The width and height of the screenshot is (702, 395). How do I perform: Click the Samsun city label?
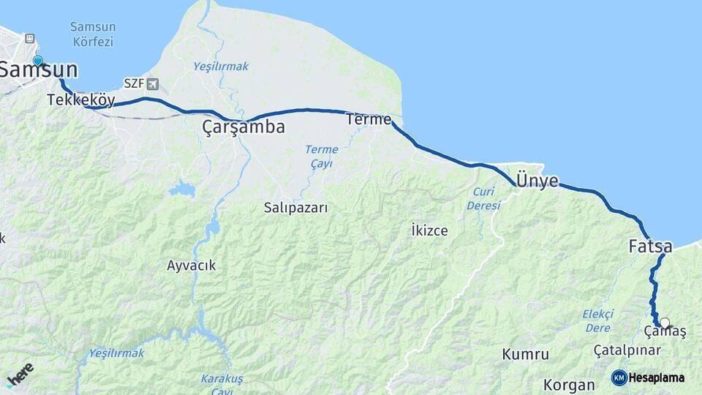pyautogui.click(x=39, y=71)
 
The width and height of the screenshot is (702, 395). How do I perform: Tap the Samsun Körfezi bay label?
pyautogui.click(x=93, y=34)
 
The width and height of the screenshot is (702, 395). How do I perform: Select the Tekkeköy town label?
pyautogui.click(x=80, y=100)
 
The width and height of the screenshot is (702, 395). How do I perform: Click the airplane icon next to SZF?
pyautogui.click(x=152, y=83)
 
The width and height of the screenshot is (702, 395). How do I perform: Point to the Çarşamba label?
pyautogui.click(x=244, y=127)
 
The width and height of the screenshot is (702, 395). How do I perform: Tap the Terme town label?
pyautogui.click(x=369, y=119)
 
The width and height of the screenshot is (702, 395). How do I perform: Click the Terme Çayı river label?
pyautogui.click(x=322, y=157)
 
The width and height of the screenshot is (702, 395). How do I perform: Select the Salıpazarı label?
pyautogui.click(x=296, y=208)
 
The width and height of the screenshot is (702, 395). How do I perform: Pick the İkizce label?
pyautogui.click(x=429, y=230)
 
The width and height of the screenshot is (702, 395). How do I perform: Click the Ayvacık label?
pyautogui.click(x=191, y=266)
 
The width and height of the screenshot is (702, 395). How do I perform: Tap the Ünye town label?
pyautogui.click(x=537, y=181)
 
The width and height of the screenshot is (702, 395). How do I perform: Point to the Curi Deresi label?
pyautogui.click(x=483, y=199)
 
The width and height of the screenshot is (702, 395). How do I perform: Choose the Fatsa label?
pyautogui.click(x=650, y=247)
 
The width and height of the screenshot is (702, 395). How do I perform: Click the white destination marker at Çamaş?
pyautogui.click(x=664, y=323)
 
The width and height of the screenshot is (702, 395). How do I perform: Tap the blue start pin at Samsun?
pyautogui.click(x=38, y=61)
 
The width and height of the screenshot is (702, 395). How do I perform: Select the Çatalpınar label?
pyautogui.click(x=627, y=350)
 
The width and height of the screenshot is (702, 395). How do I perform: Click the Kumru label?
pyautogui.click(x=525, y=355)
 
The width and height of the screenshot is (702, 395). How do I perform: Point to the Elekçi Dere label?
pyautogui.click(x=597, y=320)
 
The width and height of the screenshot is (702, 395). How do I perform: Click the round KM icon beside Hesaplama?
pyautogui.click(x=619, y=377)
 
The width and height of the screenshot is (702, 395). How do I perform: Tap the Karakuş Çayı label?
pyautogui.click(x=222, y=384)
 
